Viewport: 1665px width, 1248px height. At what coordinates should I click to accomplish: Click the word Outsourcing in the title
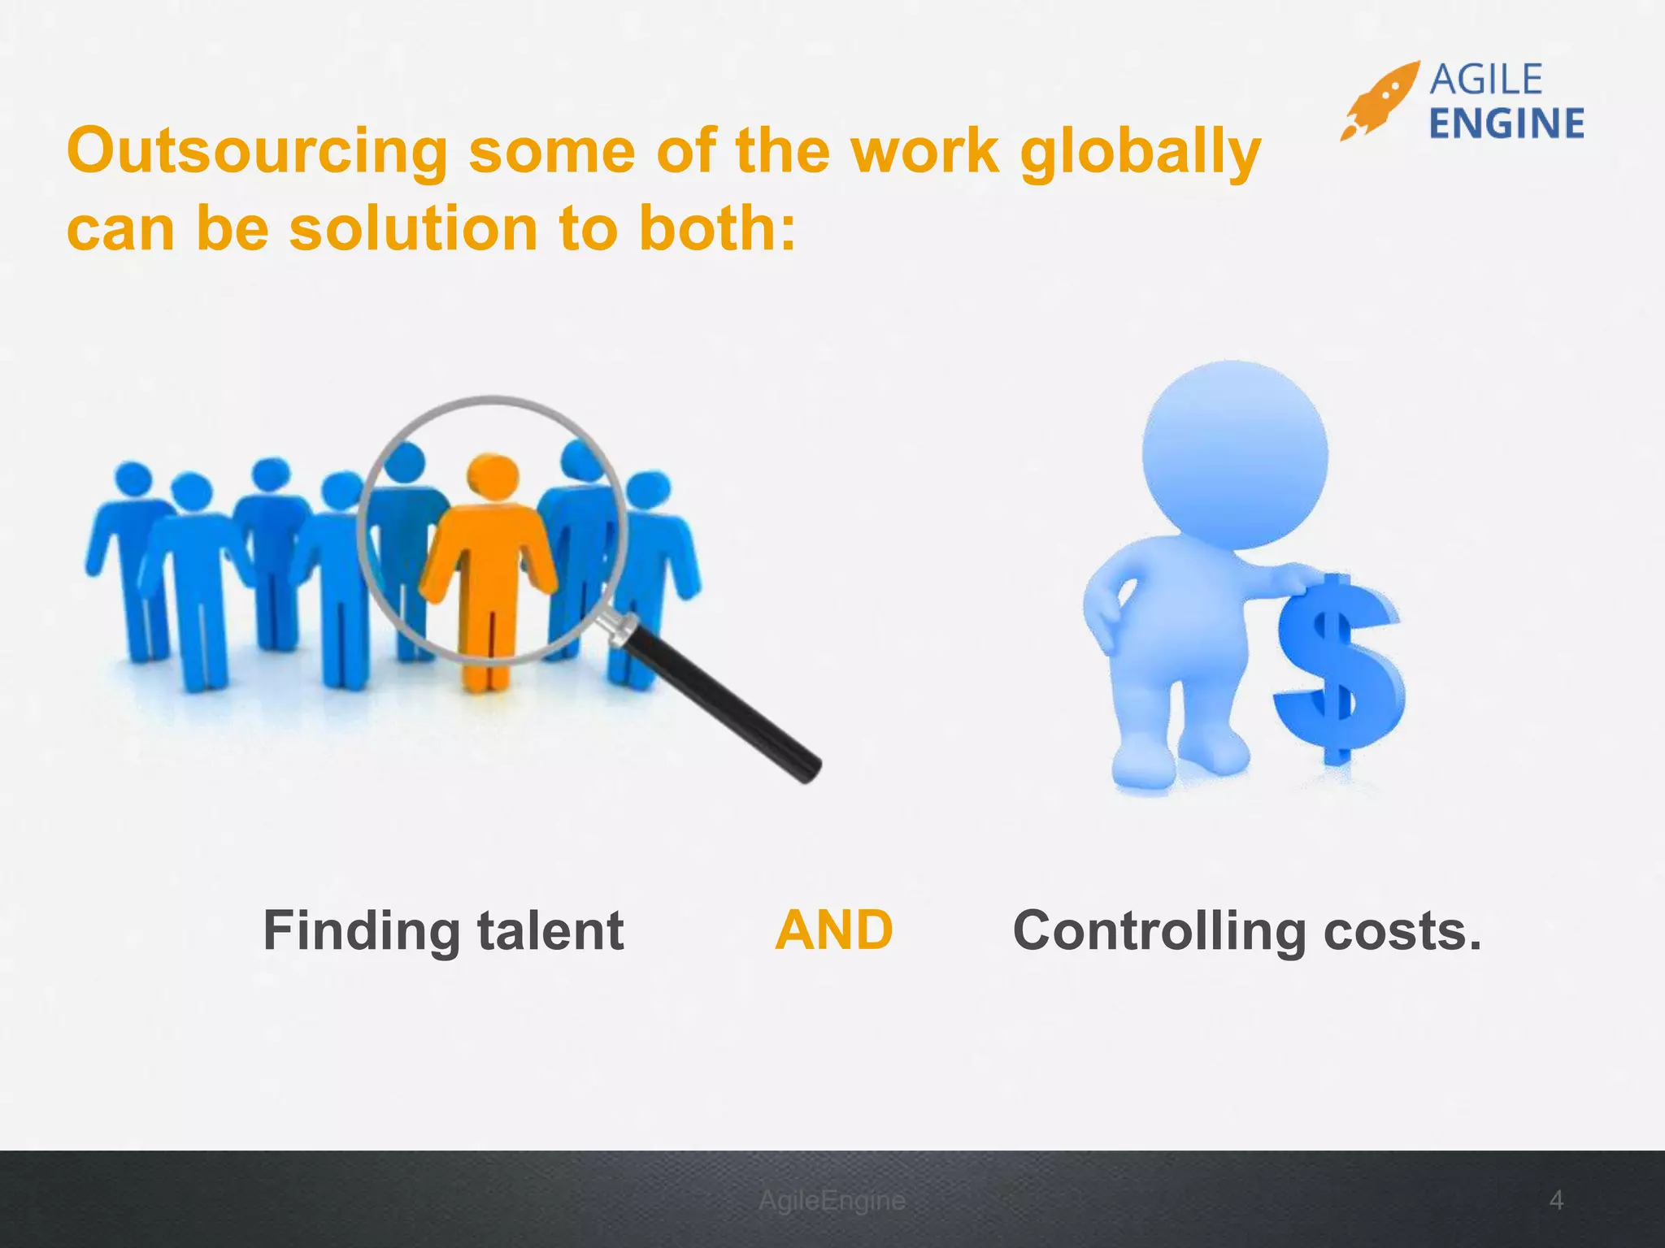[x=257, y=153]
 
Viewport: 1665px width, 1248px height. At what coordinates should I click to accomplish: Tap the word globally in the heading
[x=1140, y=153]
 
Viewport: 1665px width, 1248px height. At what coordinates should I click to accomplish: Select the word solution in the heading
[x=413, y=229]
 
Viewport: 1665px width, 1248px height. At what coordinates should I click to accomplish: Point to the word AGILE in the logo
[x=1485, y=80]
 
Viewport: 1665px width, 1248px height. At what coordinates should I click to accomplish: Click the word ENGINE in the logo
[x=1506, y=124]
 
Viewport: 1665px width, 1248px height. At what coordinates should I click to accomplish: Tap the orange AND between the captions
[x=834, y=930]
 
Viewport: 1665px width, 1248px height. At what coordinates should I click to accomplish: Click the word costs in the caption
[x=1400, y=932]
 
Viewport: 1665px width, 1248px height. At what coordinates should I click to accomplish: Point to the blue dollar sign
[x=1337, y=670]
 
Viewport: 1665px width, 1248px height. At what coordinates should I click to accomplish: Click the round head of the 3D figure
[x=1234, y=455]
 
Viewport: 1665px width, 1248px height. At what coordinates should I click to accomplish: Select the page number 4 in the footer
[x=1556, y=1200]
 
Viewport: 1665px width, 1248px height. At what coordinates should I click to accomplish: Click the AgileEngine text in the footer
[x=832, y=1200]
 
